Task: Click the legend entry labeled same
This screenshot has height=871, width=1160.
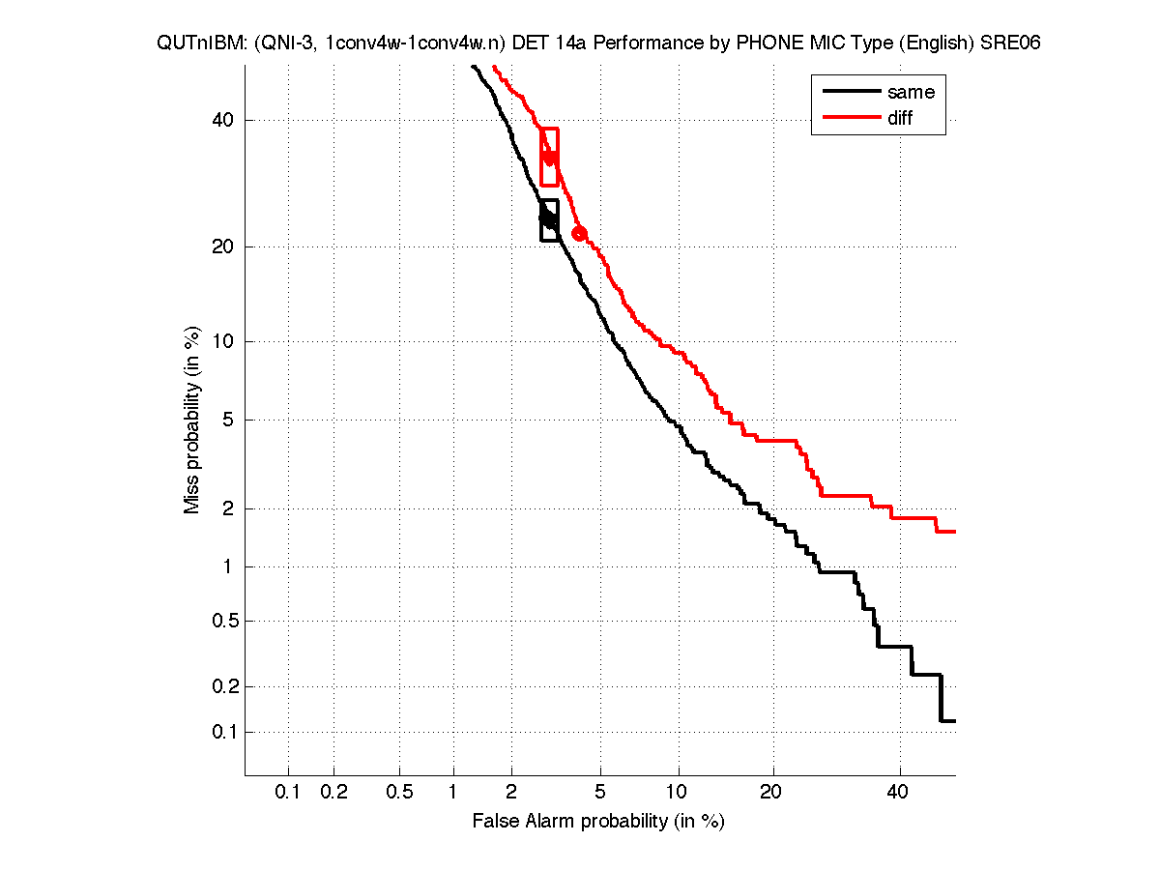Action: tap(910, 92)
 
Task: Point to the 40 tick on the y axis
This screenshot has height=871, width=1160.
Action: tap(225, 120)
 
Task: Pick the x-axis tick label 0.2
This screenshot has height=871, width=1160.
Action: tap(333, 793)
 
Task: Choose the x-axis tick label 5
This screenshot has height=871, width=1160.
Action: tap(600, 793)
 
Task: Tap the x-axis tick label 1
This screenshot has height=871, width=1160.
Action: tap(453, 793)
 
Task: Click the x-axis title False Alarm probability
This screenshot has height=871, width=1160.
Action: tap(597, 822)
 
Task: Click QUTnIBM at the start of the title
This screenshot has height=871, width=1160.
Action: tap(196, 44)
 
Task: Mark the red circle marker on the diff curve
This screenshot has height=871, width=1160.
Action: tap(580, 233)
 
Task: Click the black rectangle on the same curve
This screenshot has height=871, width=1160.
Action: tap(549, 220)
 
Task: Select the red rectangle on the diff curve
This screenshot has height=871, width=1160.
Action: tap(549, 157)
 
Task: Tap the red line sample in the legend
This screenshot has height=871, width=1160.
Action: tap(851, 118)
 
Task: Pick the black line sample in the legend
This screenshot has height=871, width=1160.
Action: tap(851, 92)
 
